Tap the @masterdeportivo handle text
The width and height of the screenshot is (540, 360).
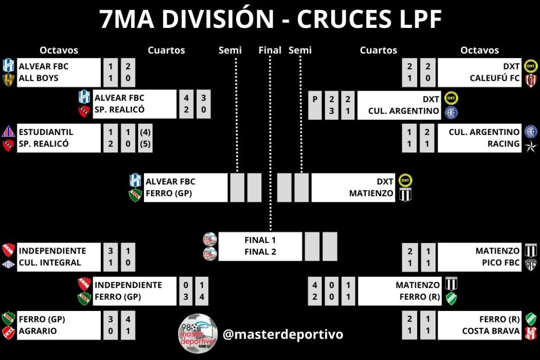point(283,334)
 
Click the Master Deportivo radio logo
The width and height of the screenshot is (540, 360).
point(197,334)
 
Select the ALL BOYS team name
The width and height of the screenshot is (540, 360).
point(38,78)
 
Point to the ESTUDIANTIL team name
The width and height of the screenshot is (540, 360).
point(46,132)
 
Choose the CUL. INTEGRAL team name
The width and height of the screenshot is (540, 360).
point(50,262)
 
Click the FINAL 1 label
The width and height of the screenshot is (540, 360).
point(260,240)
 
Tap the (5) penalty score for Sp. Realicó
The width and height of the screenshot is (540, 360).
point(145,143)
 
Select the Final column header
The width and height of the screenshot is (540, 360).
point(270,51)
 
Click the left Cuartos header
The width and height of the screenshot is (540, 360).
point(166,51)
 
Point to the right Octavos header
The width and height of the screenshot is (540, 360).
point(479,51)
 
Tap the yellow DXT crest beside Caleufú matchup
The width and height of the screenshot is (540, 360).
point(531,66)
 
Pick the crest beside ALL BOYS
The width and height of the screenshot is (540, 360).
point(8,79)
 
